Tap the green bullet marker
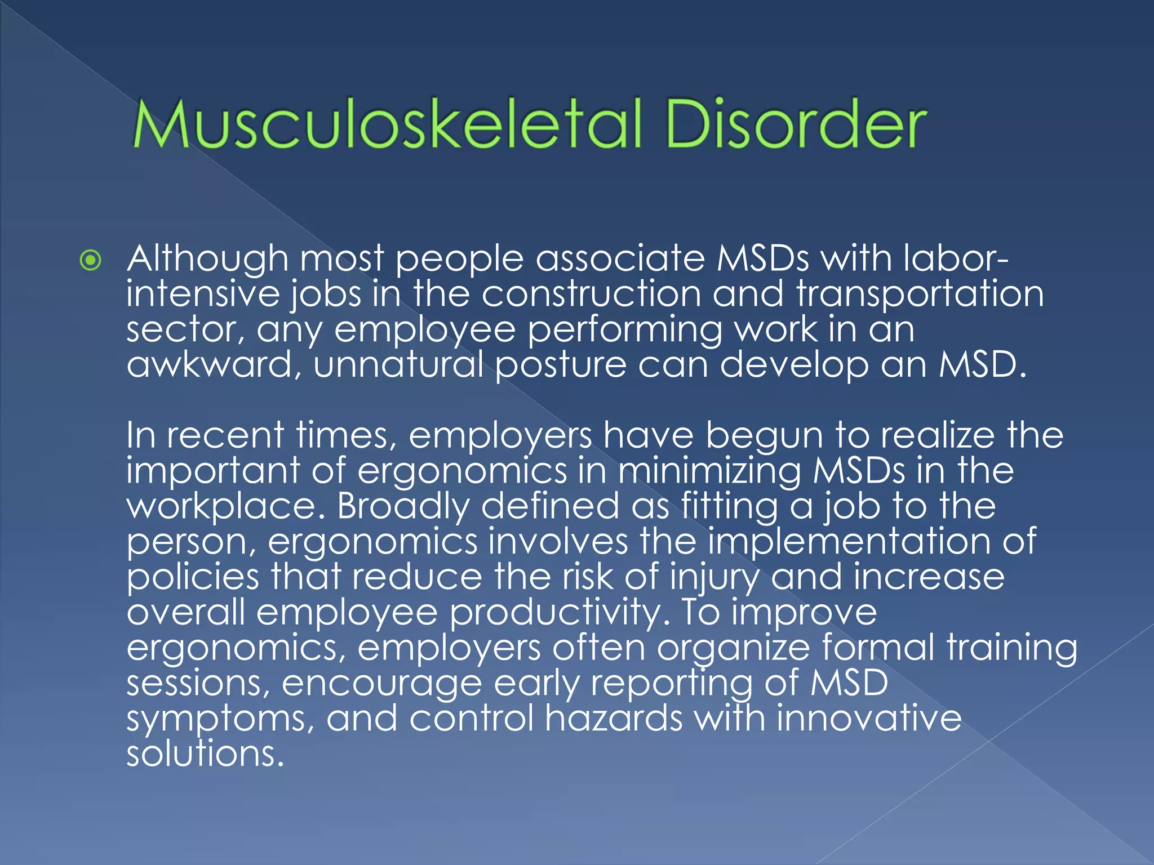(x=91, y=260)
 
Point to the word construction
(x=591, y=294)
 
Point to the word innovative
(x=868, y=719)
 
